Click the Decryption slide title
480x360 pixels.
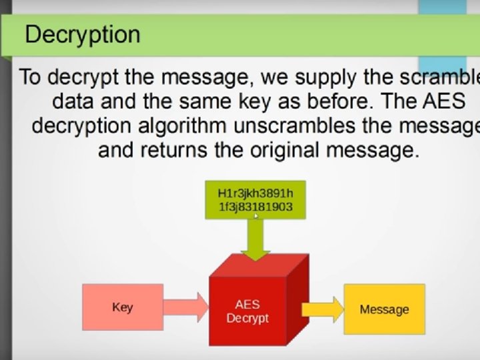83,34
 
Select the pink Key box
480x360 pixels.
123,307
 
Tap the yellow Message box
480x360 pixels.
384,309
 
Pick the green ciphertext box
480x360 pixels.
255,199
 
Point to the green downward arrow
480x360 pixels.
255,239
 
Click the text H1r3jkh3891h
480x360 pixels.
255,193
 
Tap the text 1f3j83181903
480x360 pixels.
255,207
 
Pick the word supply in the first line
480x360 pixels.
327,77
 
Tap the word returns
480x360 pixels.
173,150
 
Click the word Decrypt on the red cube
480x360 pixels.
247,318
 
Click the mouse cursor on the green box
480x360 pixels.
256,215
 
